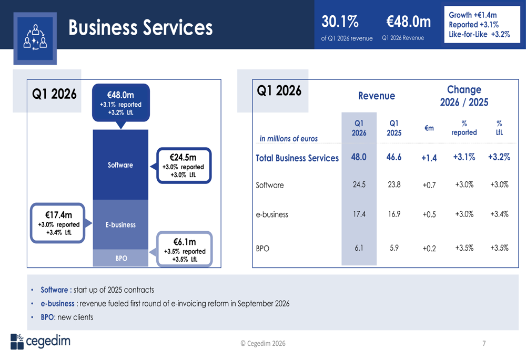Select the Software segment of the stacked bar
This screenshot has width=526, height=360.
(120, 165)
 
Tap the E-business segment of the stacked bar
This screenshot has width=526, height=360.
(120, 224)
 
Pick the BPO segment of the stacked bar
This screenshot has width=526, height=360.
(121, 258)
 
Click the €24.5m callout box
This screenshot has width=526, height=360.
(184, 166)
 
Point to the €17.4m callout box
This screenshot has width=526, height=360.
(58, 223)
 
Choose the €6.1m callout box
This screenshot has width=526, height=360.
(185, 249)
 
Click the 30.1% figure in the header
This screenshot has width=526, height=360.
(340, 22)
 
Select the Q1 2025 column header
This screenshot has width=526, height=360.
(394, 128)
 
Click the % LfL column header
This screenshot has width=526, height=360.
(499, 128)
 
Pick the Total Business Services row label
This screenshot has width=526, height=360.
(297, 158)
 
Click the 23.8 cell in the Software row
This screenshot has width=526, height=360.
(394, 184)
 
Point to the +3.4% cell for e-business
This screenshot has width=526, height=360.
(499, 214)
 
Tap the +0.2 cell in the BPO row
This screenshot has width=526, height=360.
(429, 249)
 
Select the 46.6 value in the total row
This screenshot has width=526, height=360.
(394, 157)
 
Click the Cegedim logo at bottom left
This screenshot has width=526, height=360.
(40, 341)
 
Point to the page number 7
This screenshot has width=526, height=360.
(484, 344)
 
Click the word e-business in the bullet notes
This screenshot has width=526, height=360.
(57, 303)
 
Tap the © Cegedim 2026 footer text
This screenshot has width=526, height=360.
(263, 344)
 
